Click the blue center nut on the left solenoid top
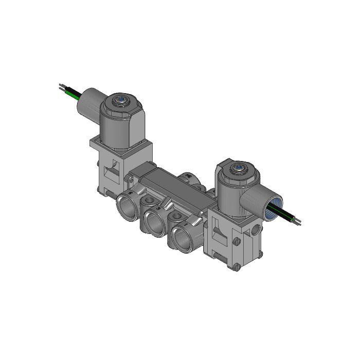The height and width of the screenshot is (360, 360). point(121,100)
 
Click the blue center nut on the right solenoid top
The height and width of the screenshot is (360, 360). point(238,168)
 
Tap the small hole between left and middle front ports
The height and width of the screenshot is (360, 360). point(148,200)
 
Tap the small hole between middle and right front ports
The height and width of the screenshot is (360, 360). point(176,215)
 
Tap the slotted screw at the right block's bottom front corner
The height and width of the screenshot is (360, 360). point(236,267)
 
